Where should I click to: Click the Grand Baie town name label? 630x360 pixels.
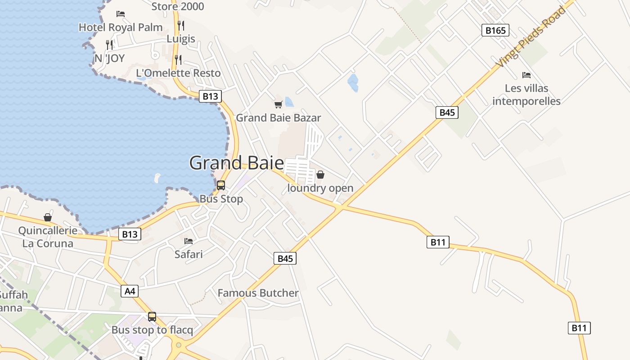tap(236, 162)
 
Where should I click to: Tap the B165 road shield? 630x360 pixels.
tap(495, 31)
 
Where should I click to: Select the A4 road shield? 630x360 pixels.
tap(130, 291)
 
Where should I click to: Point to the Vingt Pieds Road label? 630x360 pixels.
tap(531, 37)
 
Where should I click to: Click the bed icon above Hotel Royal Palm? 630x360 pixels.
tap(120, 14)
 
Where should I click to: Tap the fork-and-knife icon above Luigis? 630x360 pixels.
tap(181, 25)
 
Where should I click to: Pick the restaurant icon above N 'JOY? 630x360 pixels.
tap(109, 45)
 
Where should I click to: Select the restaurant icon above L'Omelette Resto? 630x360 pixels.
tap(178, 59)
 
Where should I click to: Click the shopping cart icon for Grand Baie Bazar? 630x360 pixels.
tap(278, 104)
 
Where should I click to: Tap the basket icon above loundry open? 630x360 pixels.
tap(320, 175)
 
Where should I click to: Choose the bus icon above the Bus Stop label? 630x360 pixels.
tap(221, 185)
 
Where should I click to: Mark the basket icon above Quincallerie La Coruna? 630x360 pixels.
tap(48, 217)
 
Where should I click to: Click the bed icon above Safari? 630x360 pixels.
tap(189, 241)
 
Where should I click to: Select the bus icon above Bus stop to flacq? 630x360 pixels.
tap(152, 316)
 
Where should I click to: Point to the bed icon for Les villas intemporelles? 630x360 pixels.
tap(526, 75)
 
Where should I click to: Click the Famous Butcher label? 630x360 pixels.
tap(258, 293)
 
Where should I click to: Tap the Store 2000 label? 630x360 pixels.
tap(178, 6)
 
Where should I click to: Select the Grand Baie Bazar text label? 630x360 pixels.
tap(278, 118)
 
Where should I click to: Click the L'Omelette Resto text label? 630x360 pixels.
tap(178, 73)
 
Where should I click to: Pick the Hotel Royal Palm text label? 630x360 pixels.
tap(121, 27)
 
